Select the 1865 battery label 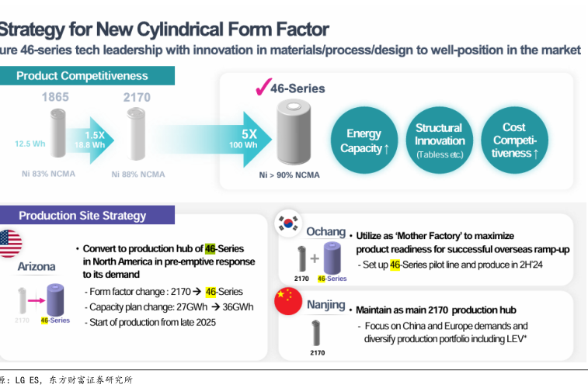(x=55, y=98)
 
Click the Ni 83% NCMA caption (x=48, y=174)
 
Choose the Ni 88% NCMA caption (x=138, y=175)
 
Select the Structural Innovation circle (x=439, y=140)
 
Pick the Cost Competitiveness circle (x=514, y=140)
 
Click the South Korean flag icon (x=290, y=225)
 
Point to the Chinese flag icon (x=288, y=300)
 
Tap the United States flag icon (x=9, y=244)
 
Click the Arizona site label (x=37, y=267)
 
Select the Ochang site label (x=325, y=231)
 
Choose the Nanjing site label (x=325, y=305)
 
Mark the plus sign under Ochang (x=314, y=259)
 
